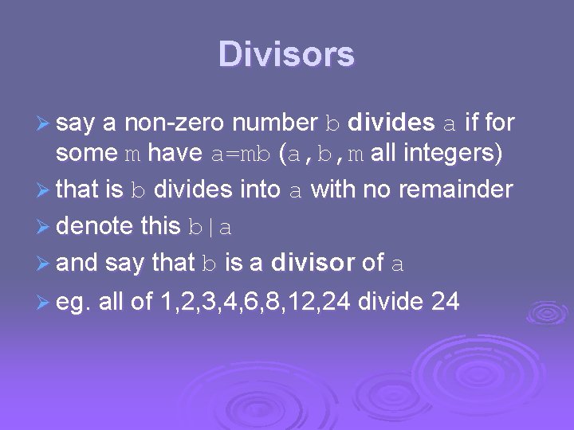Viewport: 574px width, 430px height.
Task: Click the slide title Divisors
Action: point(286,55)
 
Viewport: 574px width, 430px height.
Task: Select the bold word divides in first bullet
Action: point(391,123)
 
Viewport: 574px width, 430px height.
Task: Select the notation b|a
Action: point(210,227)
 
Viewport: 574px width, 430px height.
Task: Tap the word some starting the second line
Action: point(83,153)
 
